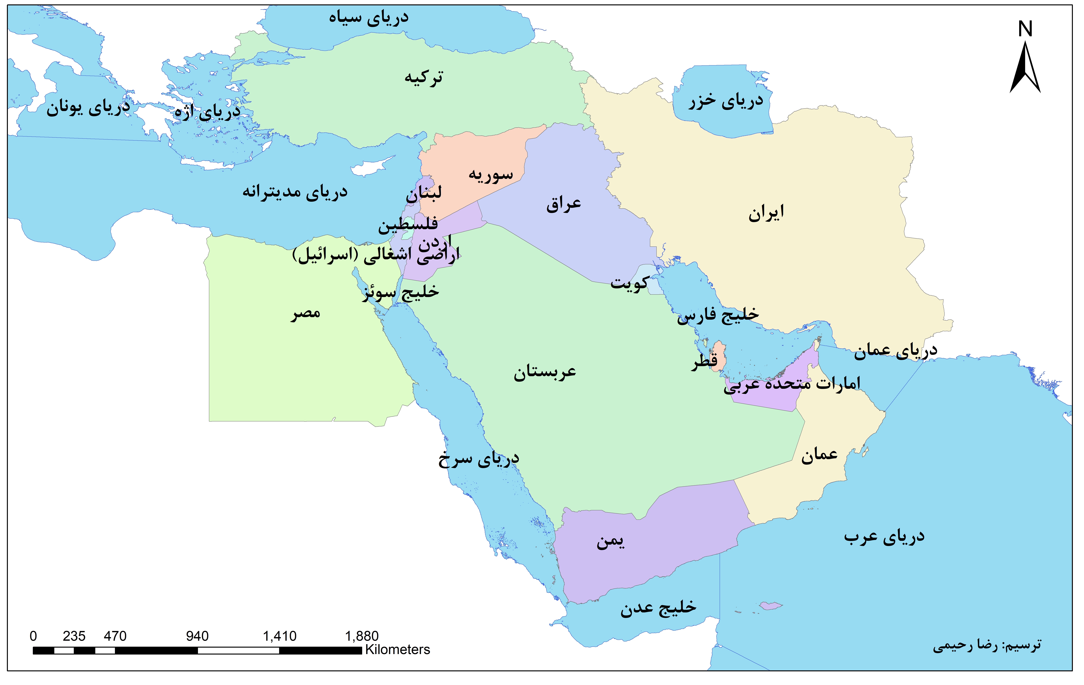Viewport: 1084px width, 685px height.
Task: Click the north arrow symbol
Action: [x=1025, y=68]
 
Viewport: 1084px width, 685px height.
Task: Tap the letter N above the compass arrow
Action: [x=1025, y=29]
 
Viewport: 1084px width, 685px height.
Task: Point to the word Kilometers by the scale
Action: [x=397, y=649]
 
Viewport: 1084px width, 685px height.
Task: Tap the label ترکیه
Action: [x=424, y=77]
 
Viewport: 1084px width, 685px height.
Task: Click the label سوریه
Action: [x=491, y=174]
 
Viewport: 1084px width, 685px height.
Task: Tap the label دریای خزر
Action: [x=726, y=101]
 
